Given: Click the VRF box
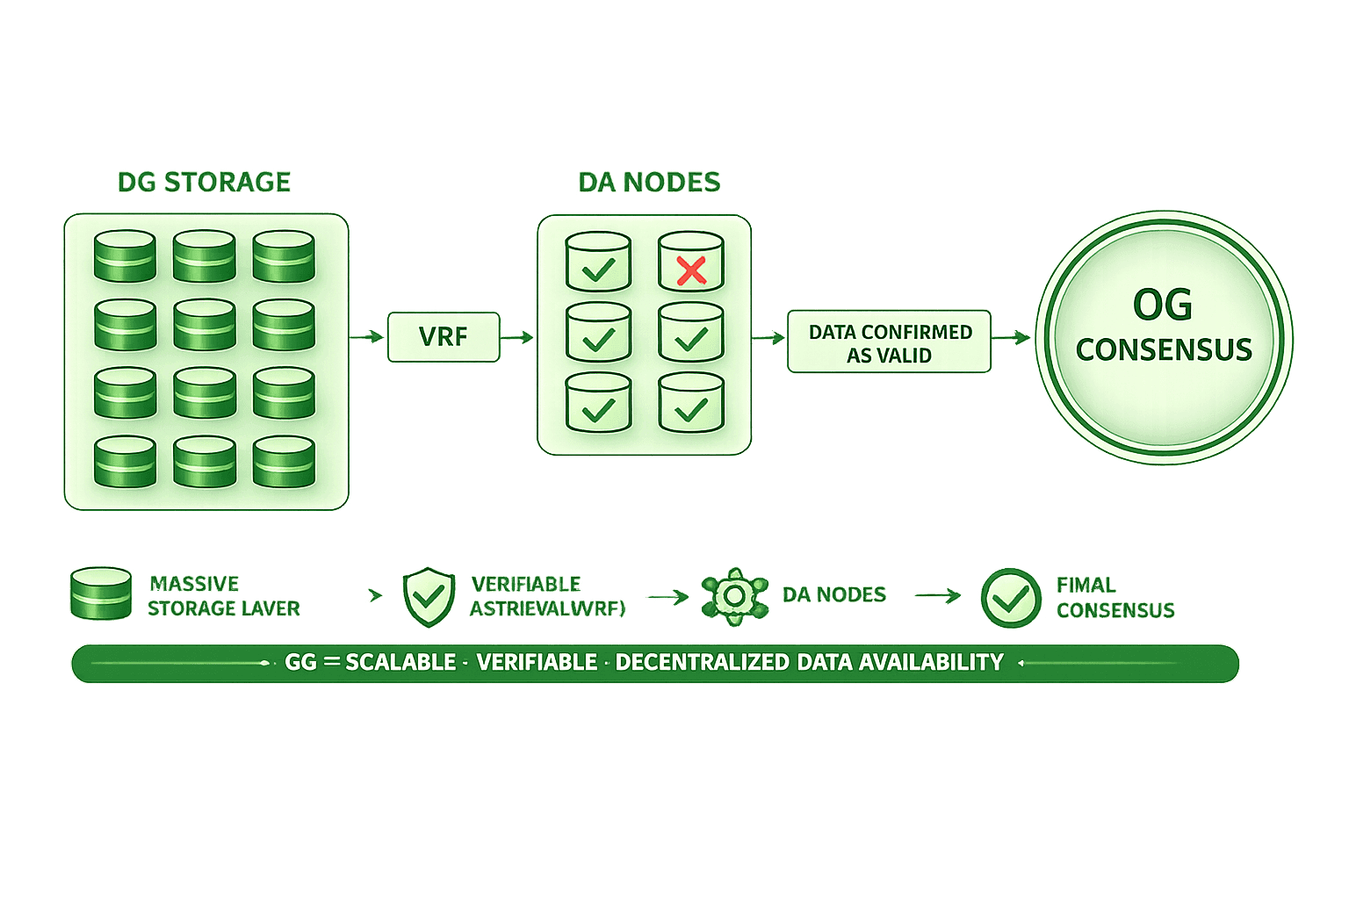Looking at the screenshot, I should click(x=444, y=337).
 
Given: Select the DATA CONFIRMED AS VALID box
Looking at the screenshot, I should click(x=890, y=342).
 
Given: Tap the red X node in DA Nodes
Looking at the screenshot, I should click(x=691, y=263).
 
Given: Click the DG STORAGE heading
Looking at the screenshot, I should click(x=204, y=182).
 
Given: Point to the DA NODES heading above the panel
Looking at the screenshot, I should click(x=649, y=182).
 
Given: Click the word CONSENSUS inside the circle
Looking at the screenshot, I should click(x=1164, y=350).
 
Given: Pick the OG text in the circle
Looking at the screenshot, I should click(x=1163, y=305).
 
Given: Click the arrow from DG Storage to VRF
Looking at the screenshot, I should click(x=368, y=336).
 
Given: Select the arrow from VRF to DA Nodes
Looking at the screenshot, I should click(x=518, y=337).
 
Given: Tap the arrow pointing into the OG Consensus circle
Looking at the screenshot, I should click(x=1013, y=337).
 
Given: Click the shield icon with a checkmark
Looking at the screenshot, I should click(x=429, y=598).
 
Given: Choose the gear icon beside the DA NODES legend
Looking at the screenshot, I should click(x=735, y=596).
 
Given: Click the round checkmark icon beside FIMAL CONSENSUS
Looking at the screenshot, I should click(x=1011, y=598).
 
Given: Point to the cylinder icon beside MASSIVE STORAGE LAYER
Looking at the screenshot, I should click(x=100, y=594).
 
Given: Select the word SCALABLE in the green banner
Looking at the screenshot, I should click(x=400, y=663).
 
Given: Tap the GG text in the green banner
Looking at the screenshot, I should click(x=300, y=663).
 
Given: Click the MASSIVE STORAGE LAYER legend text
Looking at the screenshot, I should click(x=224, y=596).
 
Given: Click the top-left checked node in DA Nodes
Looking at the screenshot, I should click(x=599, y=263).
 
